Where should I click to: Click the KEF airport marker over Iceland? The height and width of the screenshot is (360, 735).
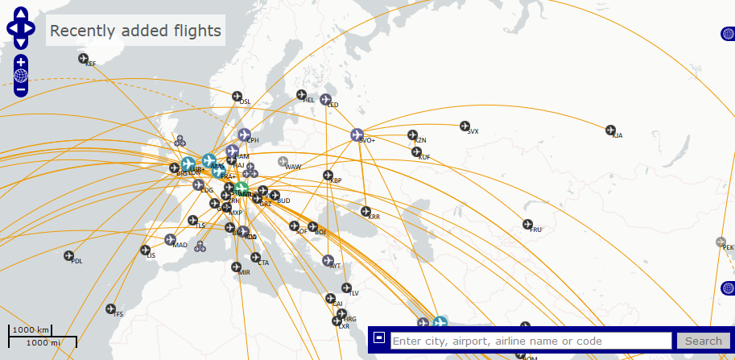[83, 58]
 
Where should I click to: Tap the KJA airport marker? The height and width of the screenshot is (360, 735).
[610, 130]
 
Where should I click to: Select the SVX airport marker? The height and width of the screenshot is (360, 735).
[465, 126]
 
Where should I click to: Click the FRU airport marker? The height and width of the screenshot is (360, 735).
[528, 225]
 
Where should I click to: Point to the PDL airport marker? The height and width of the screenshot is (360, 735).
[68, 255]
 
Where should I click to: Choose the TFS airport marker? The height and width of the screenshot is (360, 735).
[111, 308]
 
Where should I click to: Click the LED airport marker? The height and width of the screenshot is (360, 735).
[325, 100]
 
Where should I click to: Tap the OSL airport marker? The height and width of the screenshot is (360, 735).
[237, 97]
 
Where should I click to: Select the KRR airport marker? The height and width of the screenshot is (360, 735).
[365, 212]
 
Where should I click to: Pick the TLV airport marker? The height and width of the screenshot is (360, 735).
[346, 288]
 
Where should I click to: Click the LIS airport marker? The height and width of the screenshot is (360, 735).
[146, 250]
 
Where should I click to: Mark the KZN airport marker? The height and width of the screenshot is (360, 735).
[412, 135]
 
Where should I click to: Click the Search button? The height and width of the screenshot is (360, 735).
[703, 341]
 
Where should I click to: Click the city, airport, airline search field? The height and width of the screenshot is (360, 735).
[531, 341]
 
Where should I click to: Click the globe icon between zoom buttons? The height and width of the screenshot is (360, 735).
[20, 76]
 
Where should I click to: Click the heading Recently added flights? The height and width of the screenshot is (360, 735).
[135, 31]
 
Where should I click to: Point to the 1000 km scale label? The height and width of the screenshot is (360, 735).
[32, 330]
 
